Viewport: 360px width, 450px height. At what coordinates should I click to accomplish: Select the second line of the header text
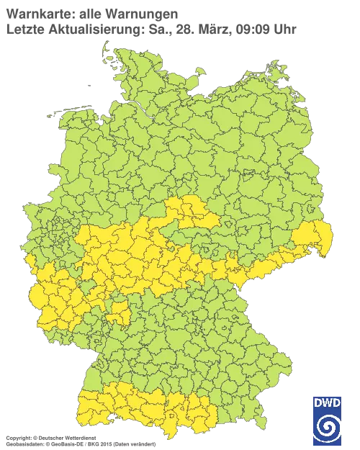pyautogui.click(x=151, y=30)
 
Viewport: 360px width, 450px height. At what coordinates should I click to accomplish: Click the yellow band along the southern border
pyautogui.click(x=144, y=407)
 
